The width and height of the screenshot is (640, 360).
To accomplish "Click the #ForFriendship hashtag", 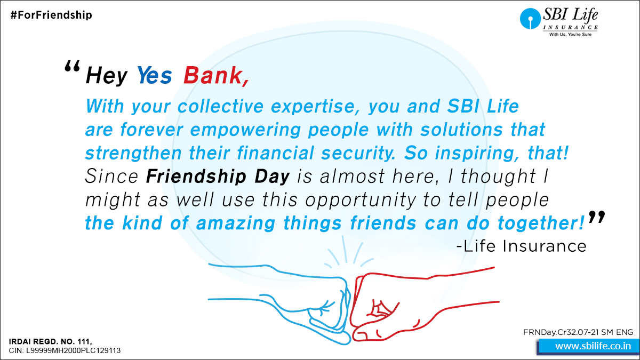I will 51,15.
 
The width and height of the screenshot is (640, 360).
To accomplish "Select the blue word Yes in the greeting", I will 154,76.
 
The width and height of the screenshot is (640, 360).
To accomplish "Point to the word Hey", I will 107,76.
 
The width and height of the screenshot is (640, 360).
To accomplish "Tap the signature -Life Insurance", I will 521,246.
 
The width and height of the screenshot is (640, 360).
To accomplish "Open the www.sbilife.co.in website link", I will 594,346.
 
